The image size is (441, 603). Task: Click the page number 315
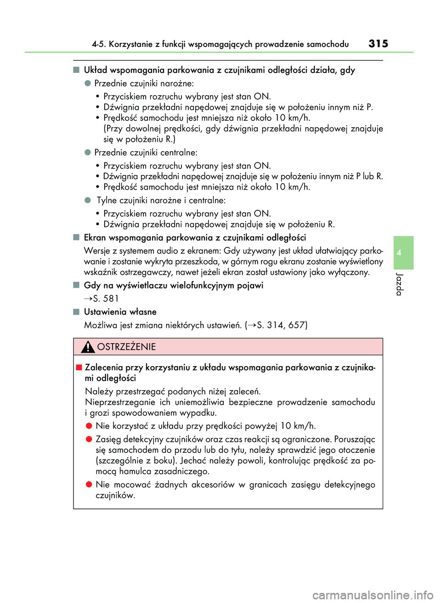[378, 44]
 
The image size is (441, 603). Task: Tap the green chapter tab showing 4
[403, 253]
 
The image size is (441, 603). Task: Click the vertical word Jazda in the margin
[399, 284]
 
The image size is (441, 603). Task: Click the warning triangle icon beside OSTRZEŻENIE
[88, 347]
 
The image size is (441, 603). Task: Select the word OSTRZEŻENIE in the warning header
[126, 347]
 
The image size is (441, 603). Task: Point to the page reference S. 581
[105, 299]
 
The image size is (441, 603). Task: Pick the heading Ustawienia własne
[120, 312]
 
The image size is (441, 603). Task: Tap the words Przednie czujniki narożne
[144, 83]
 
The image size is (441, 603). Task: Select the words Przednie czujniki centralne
[146, 152]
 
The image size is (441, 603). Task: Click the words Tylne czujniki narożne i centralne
[161, 200]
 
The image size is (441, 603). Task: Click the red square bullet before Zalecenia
[79, 367]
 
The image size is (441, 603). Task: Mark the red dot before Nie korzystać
[89, 426]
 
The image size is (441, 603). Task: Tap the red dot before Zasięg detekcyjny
[89, 439]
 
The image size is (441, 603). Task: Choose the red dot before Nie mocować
[89, 485]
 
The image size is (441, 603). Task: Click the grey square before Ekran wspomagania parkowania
[76, 237]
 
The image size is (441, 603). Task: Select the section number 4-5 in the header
[98, 44]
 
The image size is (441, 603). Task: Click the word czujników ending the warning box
[115, 495]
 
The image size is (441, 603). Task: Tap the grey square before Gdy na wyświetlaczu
[76, 285]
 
